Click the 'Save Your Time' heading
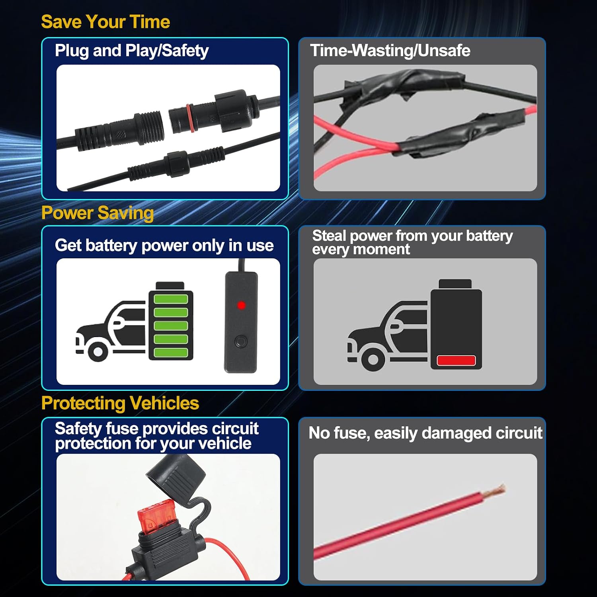tap(105, 22)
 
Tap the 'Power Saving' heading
tap(98, 213)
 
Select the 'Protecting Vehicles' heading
tap(120, 403)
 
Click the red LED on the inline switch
tap(241, 305)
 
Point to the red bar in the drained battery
tap(456, 360)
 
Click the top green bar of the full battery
tap(171, 299)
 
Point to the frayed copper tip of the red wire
tap(494, 490)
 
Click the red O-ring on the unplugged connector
tap(190, 118)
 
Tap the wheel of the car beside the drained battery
tap(373, 359)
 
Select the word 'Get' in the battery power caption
tap(68, 246)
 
